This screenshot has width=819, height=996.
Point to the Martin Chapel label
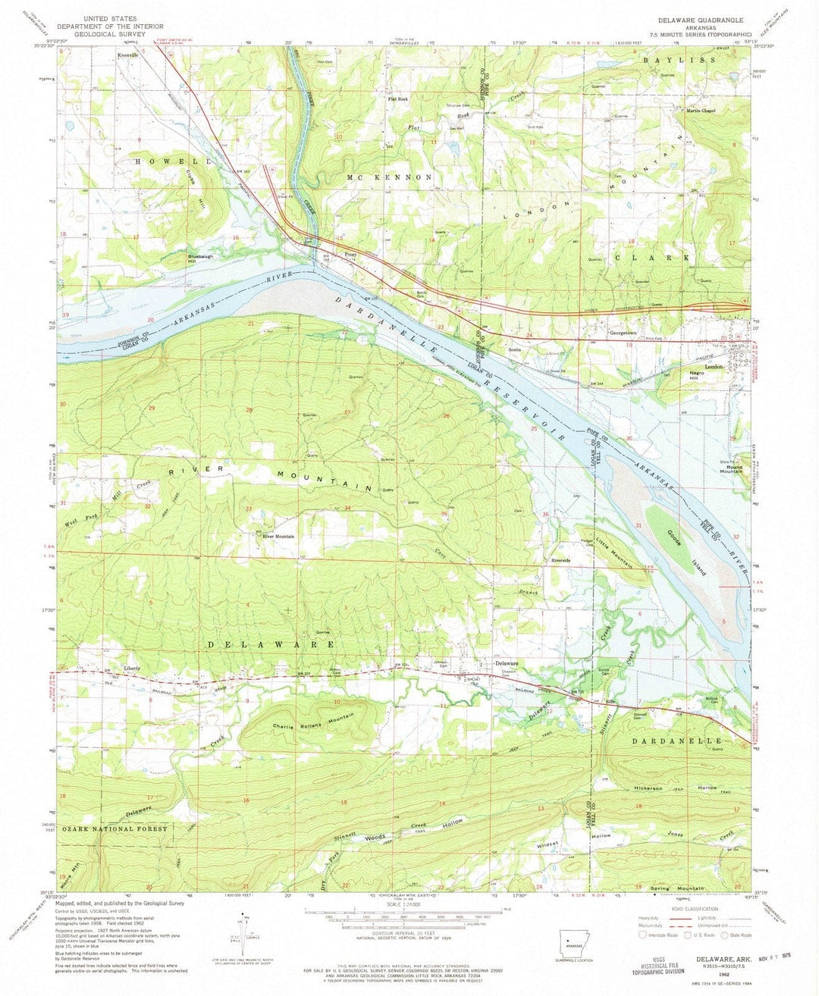(701, 110)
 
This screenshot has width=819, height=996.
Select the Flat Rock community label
(397, 99)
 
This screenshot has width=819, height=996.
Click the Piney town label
(350, 255)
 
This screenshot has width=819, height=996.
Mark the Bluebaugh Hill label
(200, 259)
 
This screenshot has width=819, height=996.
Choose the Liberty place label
(132, 668)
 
